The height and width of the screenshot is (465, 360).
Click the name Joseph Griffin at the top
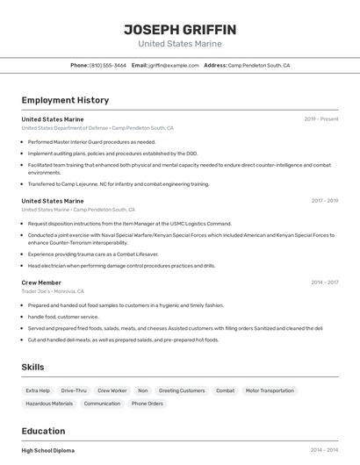[x=180, y=29]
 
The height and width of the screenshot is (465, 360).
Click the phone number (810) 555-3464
[x=107, y=65]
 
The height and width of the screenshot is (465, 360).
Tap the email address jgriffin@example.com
[x=173, y=65]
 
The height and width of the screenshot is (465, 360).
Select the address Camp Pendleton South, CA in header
[x=259, y=65]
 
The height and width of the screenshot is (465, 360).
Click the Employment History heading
[x=65, y=101]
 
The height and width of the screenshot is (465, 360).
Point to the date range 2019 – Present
[x=321, y=118]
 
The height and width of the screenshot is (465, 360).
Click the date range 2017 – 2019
[x=324, y=201]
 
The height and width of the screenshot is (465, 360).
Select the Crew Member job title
[x=41, y=283]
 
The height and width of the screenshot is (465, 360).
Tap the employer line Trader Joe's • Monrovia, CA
[x=53, y=291]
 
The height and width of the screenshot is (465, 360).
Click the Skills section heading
[x=32, y=367]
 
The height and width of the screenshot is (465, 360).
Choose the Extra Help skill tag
[x=38, y=390]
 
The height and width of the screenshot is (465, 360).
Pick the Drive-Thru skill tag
[x=74, y=390]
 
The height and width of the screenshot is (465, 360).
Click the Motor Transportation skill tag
[x=270, y=390]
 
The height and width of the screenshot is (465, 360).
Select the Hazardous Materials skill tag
[x=49, y=404]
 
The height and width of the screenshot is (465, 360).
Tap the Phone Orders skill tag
[x=148, y=404]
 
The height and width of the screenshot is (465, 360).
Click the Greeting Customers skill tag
[x=182, y=390]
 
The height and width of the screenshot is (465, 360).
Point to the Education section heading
[x=43, y=431]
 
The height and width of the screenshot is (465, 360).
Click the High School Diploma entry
[x=47, y=450]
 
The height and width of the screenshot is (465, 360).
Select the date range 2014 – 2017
[x=324, y=283]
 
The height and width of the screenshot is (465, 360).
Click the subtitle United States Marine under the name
[x=180, y=44]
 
